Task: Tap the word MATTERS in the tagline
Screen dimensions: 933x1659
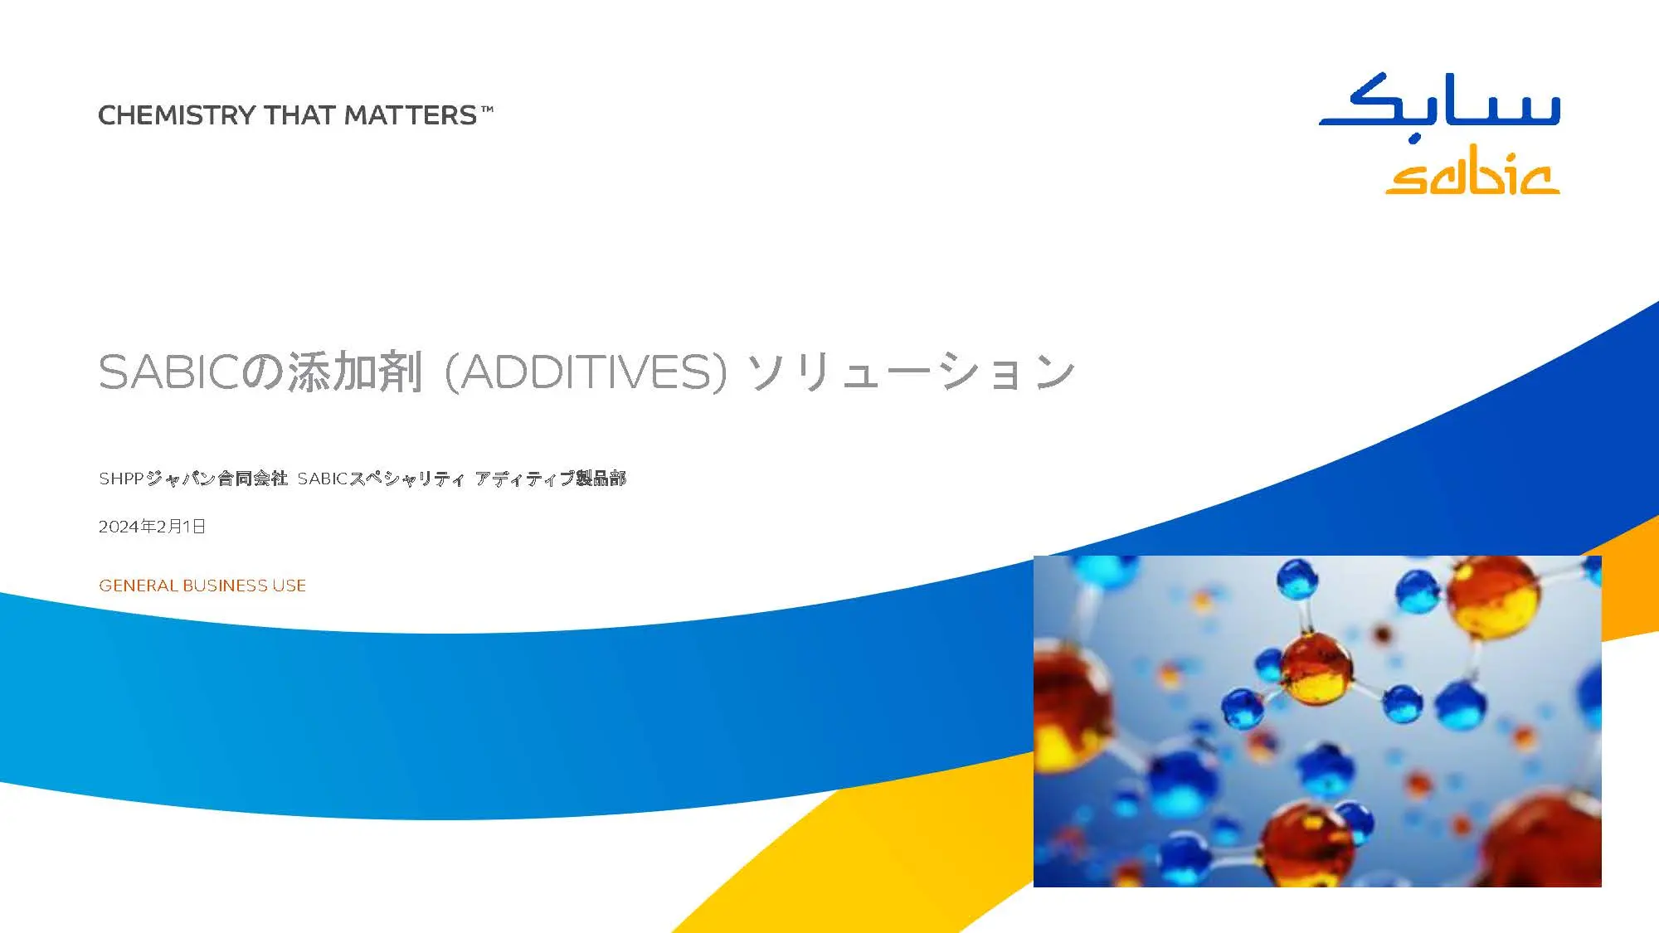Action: point(410,115)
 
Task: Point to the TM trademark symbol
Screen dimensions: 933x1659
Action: point(487,109)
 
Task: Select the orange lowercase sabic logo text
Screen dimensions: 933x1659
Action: point(1472,173)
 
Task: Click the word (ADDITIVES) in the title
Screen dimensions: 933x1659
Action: point(586,372)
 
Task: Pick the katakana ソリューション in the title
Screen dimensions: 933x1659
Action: point(911,372)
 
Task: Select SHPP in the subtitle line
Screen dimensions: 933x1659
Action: point(121,479)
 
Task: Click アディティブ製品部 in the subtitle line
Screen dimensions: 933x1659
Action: point(551,479)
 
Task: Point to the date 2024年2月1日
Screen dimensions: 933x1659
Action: point(152,527)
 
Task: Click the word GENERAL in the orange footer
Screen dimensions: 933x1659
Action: point(138,586)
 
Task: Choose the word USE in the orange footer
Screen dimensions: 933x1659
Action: point(289,586)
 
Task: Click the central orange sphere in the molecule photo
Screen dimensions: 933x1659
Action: point(1316,668)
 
